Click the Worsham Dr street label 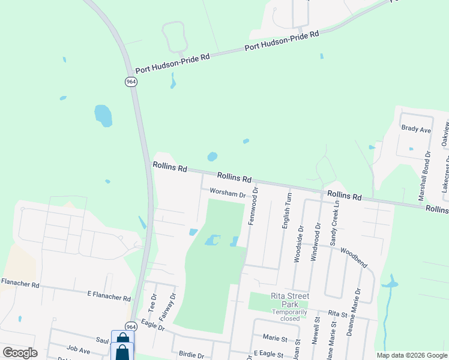coord(228,194)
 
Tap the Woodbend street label coord(353,256)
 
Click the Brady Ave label coord(416,129)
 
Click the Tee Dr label coord(152,303)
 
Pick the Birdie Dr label coord(190,355)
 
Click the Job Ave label coord(78,349)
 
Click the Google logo coord(20,353)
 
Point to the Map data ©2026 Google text coord(411,355)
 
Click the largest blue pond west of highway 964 coord(103,115)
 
